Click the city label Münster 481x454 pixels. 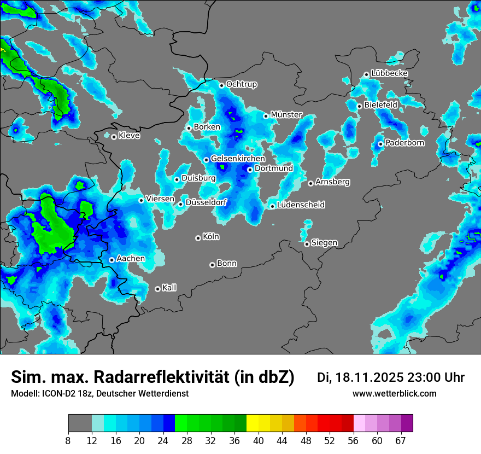(x=286, y=115)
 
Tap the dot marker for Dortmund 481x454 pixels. (x=250, y=170)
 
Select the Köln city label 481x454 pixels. (x=211, y=237)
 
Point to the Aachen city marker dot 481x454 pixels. (x=112, y=260)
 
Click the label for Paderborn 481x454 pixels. (x=405, y=143)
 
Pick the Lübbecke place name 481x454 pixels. (x=389, y=73)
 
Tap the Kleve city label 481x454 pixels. (x=129, y=136)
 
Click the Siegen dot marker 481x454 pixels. (x=307, y=244)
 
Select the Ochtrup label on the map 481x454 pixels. (x=242, y=84)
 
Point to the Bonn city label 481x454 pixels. (x=227, y=263)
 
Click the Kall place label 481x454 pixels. (x=169, y=288)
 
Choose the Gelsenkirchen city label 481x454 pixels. (x=238, y=159)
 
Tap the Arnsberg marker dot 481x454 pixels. (x=310, y=183)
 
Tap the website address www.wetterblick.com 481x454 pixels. (x=395, y=393)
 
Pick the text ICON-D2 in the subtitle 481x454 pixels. (x=55, y=393)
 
